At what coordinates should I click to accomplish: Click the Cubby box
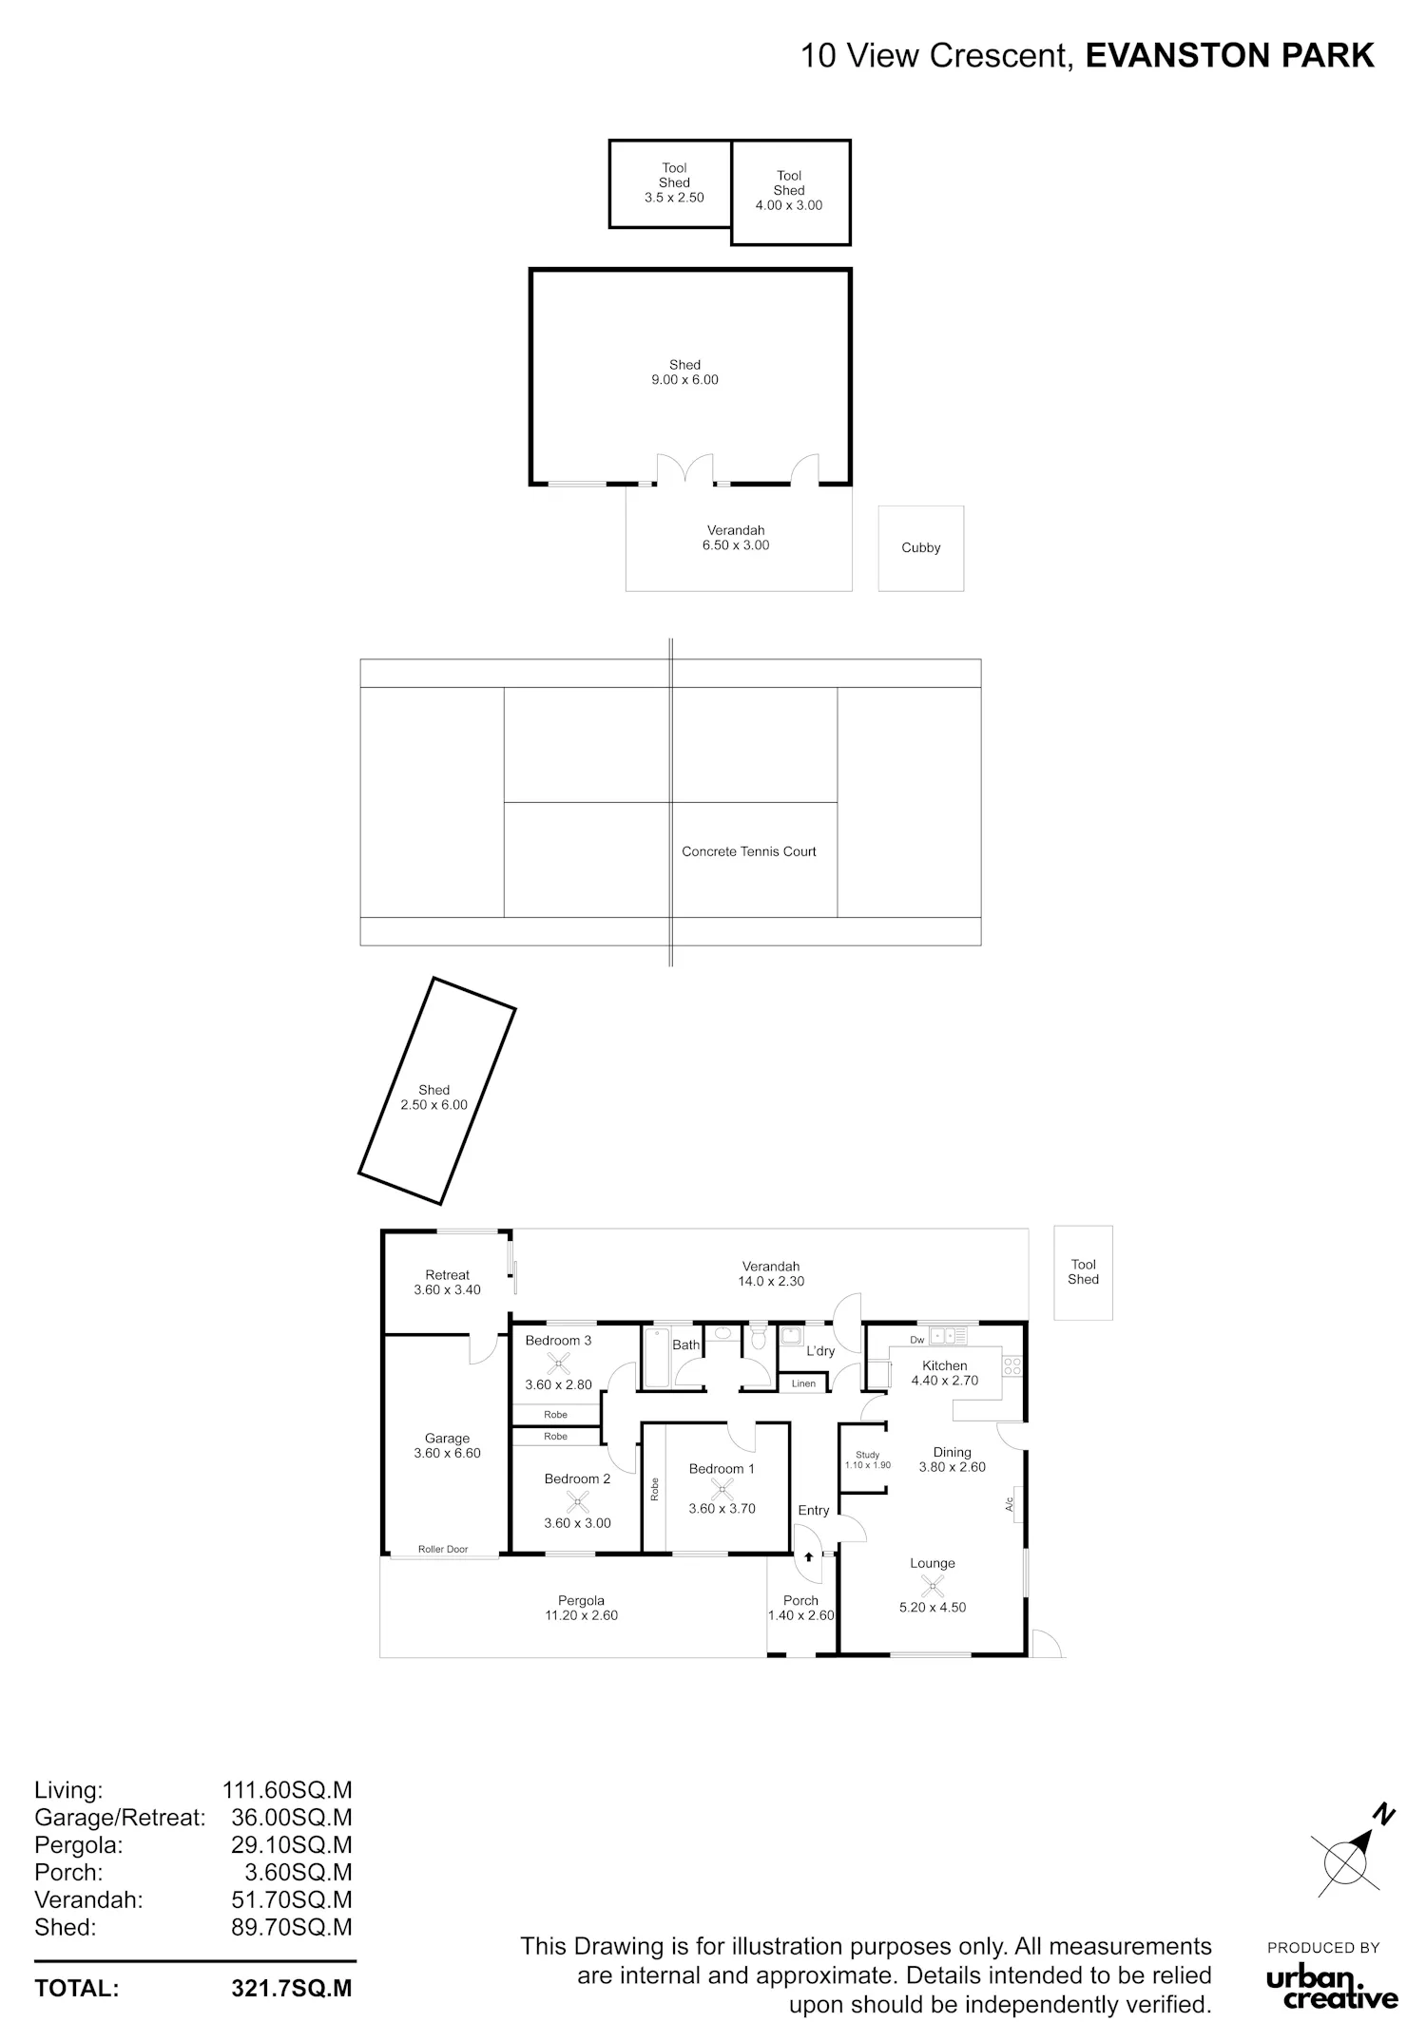point(920,548)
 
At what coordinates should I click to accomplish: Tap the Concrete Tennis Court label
point(749,851)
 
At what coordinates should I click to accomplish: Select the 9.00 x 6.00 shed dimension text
point(684,380)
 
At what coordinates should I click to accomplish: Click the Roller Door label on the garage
point(443,1550)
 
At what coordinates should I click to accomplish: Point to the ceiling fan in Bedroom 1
point(723,1489)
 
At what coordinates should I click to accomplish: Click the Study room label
point(868,1455)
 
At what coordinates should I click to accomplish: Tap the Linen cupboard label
point(803,1383)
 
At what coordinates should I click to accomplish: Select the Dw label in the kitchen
point(917,1340)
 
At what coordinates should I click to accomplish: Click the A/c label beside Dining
point(1010,1504)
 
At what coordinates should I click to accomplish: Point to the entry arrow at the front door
point(808,1557)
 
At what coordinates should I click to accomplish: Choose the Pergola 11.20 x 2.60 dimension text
point(581,1615)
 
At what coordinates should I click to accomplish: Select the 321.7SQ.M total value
point(292,1989)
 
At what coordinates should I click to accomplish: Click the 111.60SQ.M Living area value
point(287,1790)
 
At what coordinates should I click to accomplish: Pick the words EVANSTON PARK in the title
point(1230,56)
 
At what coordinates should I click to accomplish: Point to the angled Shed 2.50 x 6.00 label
point(434,1097)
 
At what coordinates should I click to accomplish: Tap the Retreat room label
point(448,1275)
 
